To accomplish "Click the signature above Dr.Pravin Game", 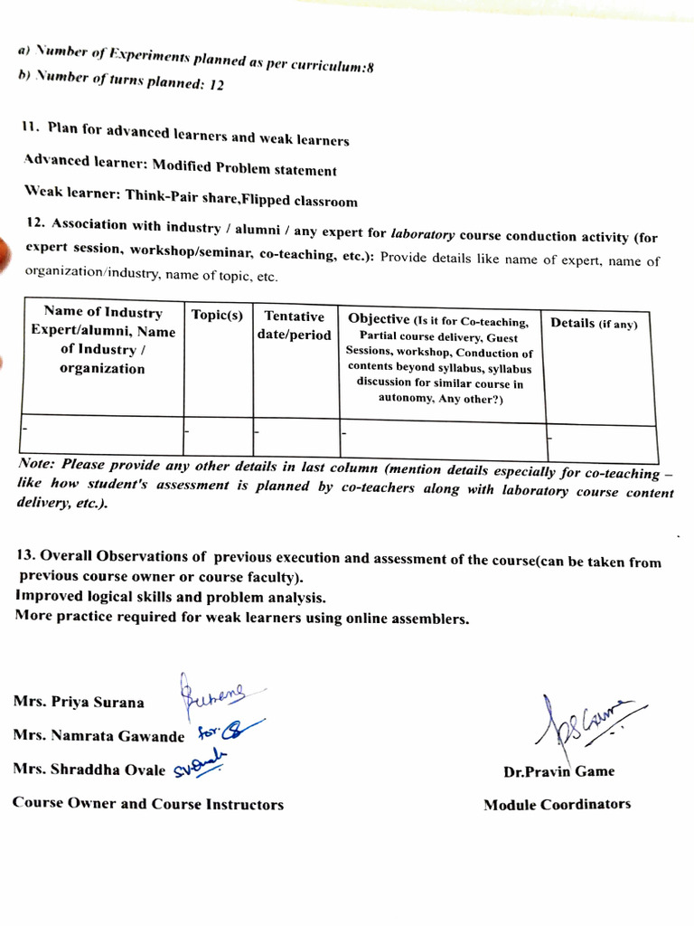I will [x=578, y=723].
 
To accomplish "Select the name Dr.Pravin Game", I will [x=558, y=771].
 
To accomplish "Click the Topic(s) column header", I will [x=217, y=315].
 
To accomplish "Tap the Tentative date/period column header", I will [x=295, y=326].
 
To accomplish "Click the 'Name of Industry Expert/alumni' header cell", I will [x=102, y=341].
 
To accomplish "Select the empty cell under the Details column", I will [x=601, y=442].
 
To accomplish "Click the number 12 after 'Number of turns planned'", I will [x=216, y=85].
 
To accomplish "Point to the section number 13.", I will [x=25, y=554].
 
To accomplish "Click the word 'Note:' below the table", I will [x=37, y=463].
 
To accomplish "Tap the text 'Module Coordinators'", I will [x=557, y=804].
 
